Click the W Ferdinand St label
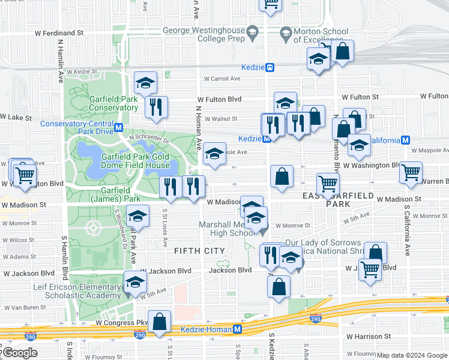(x=57, y=32)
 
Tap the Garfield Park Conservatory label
(x=114, y=103)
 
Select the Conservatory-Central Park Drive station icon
(x=119, y=128)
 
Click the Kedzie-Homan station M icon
(x=238, y=329)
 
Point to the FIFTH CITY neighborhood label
(x=200, y=250)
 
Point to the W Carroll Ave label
(x=222, y=78)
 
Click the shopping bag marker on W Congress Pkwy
(x=160, y=322)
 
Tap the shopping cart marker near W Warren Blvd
(x=411, y=172)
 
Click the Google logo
(x=20, y=353)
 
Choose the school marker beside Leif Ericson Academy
(x=135, y=282)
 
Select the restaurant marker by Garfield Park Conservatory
(x=156, y=107)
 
